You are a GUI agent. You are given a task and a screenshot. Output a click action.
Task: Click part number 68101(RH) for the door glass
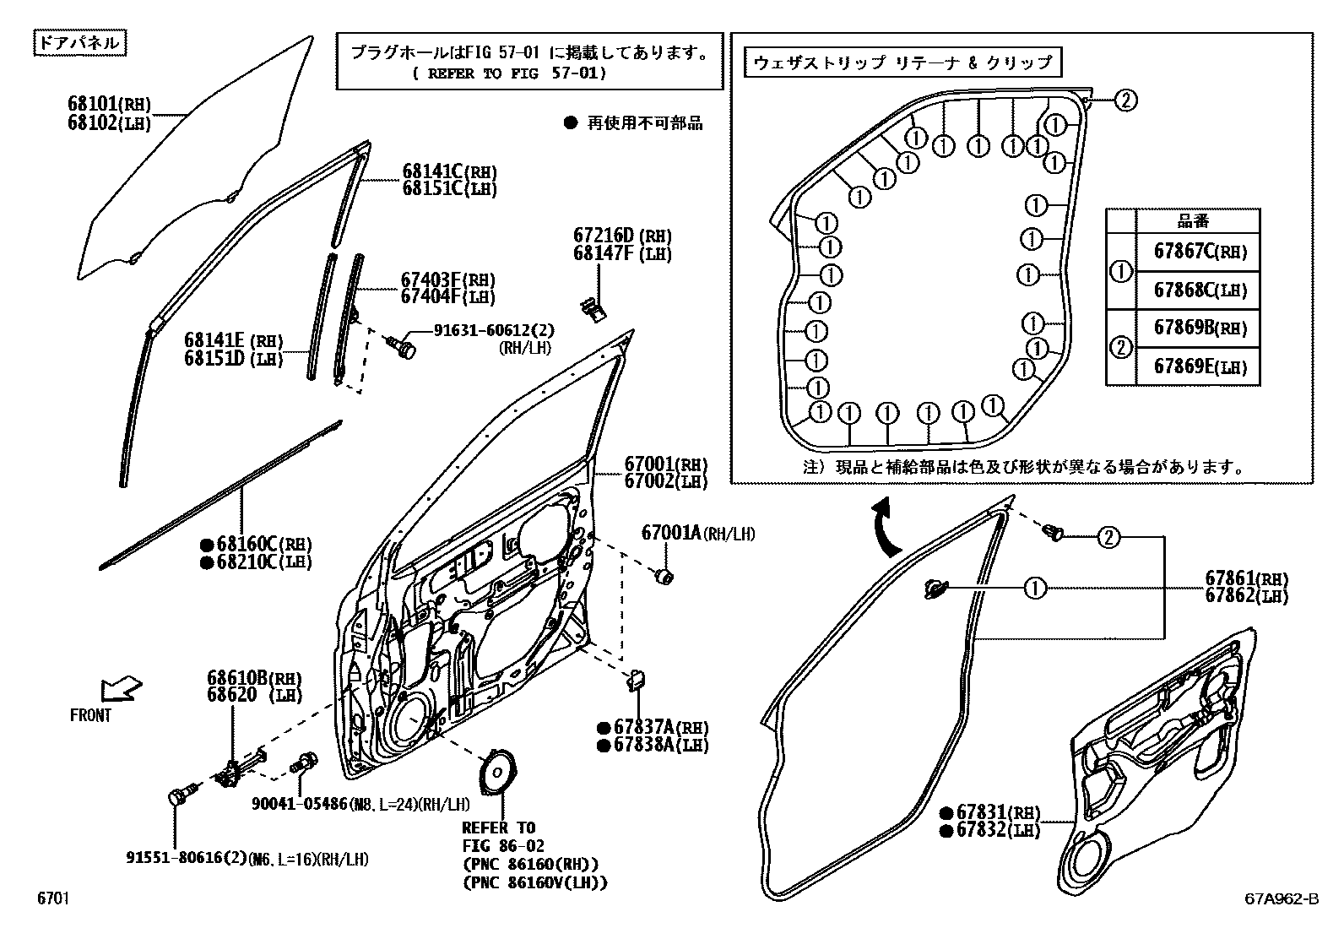(x=109, y=105)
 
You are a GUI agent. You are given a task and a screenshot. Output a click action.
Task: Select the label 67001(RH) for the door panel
(x=665, y=464)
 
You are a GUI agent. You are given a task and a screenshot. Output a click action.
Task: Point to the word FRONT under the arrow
(x=90, y=715)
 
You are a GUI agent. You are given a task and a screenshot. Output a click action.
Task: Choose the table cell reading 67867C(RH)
(x=1199, y=252)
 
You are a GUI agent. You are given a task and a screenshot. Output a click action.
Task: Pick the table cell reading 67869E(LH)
(x=1199, y=366)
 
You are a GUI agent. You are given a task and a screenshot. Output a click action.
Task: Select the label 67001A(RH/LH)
(x=698, y=534)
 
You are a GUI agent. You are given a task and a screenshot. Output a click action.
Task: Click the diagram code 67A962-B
(x=1280, y=900)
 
